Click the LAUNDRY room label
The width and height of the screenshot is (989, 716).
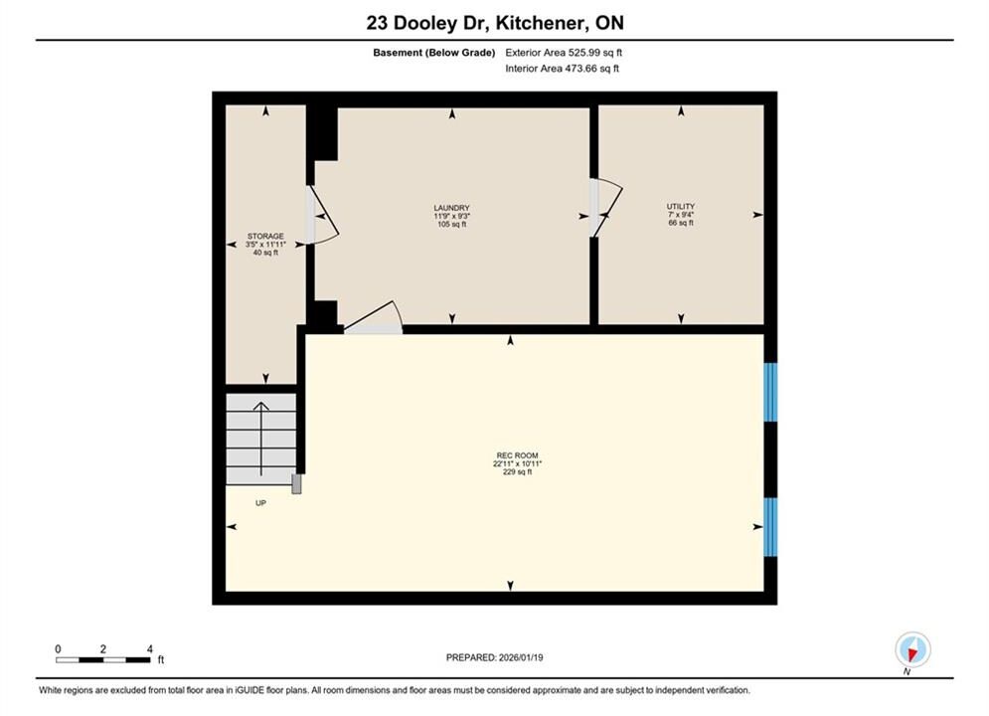(451, 208)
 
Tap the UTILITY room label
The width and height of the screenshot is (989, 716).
(681, 206)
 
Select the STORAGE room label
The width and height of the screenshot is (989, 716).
(265, 236)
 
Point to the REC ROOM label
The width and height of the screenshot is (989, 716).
(517, 455)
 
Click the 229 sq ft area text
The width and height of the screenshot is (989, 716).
(517, 472)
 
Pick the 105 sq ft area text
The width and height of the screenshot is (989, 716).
(451, 224)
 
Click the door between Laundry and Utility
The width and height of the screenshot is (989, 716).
(606, 208)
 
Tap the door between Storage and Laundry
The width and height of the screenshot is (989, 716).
(322, 215)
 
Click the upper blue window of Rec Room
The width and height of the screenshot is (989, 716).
(770, 392)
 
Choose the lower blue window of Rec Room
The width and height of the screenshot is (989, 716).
(770, 527)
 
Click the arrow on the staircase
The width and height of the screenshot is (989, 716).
(261, 439)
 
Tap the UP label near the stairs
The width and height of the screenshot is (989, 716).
(260, 503)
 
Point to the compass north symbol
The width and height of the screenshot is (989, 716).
(912, 649)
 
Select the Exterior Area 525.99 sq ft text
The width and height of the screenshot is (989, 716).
(564, 53)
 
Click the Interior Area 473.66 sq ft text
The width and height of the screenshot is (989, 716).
(562, 69)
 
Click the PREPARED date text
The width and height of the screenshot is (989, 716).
(495, 657)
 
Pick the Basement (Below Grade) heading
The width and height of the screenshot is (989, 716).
(434, 53)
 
